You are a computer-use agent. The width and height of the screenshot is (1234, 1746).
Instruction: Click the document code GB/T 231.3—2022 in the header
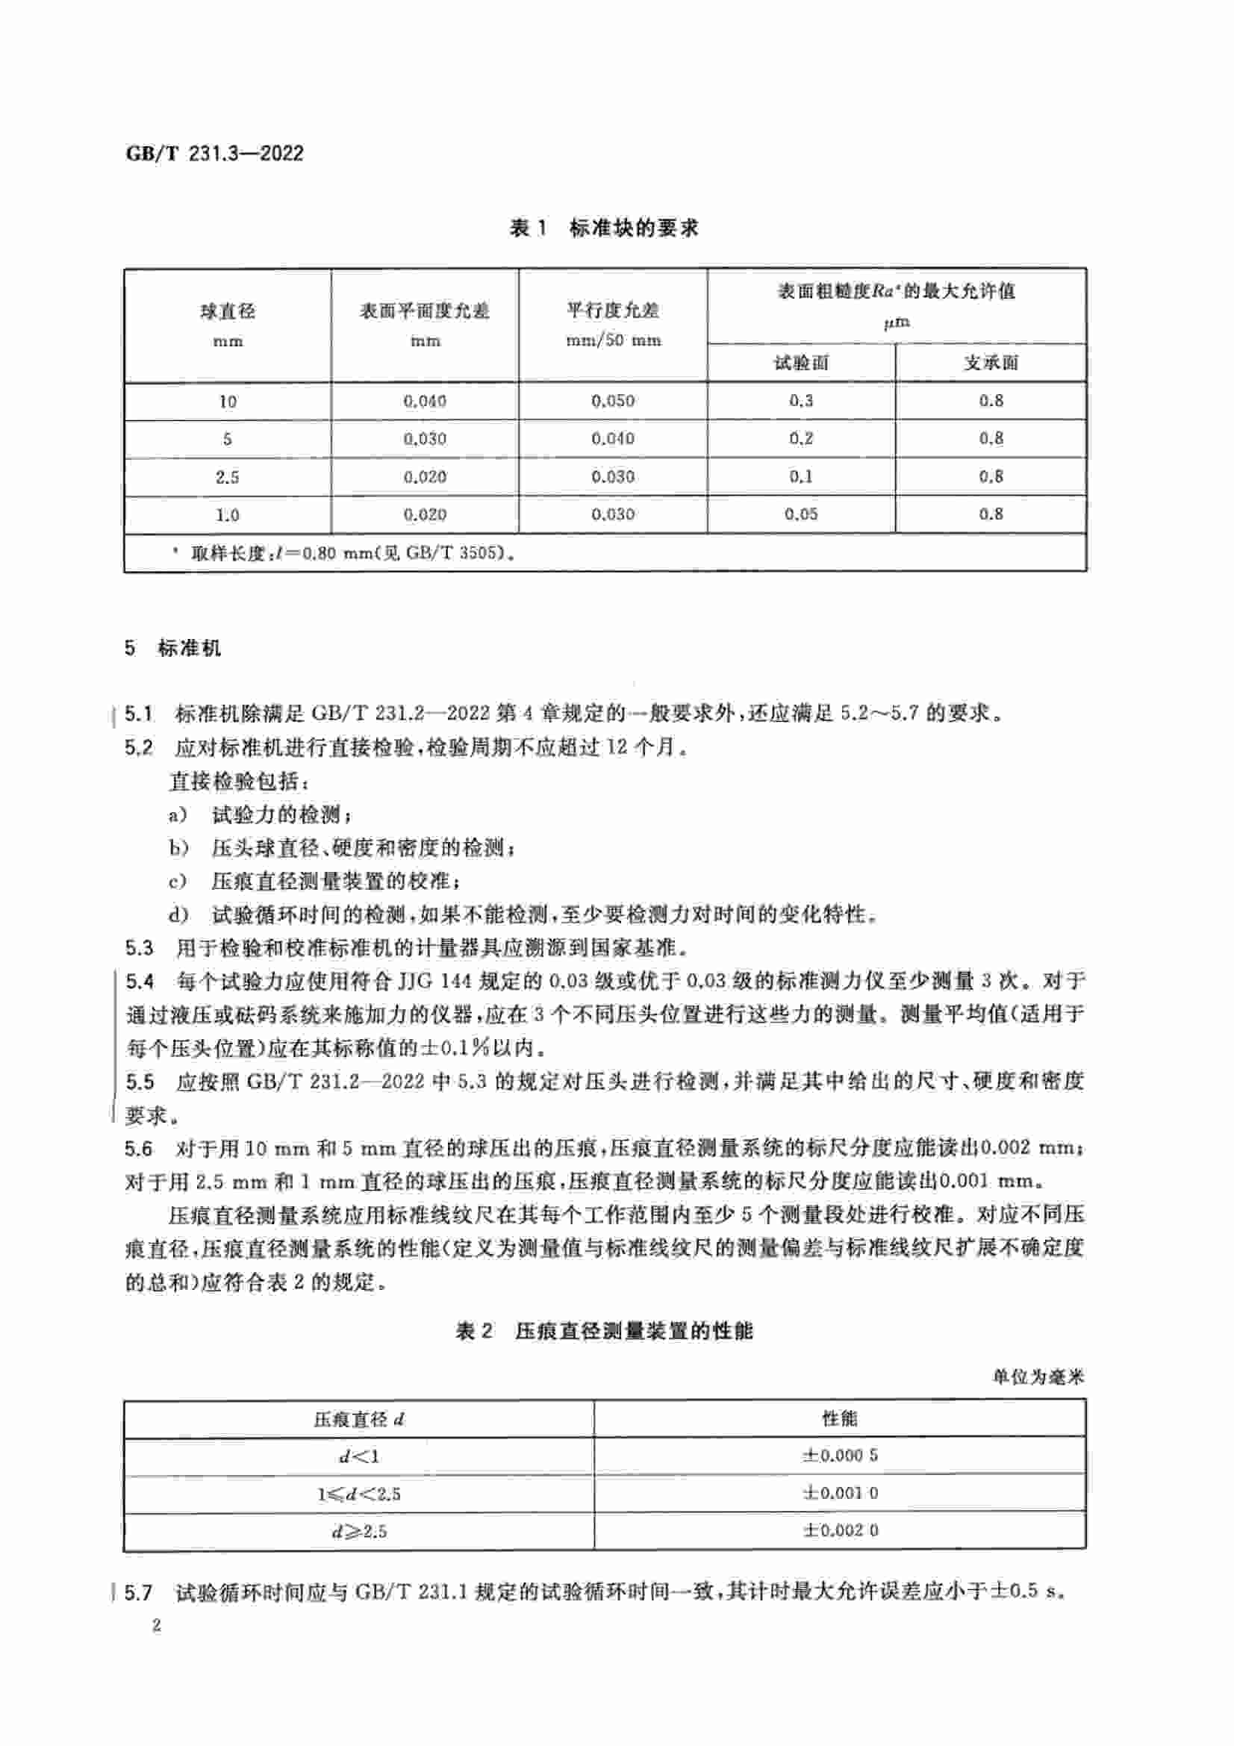click(x=214, y=154)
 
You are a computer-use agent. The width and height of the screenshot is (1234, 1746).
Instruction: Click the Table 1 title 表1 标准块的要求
click(x=605, y=228)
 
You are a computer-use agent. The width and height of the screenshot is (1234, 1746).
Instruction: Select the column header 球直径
click(x=228, y=311)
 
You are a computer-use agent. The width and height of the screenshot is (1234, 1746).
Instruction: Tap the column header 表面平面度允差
click(x=424, y=311)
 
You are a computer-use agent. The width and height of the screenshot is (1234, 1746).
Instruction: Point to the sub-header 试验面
click(x=800, y=363)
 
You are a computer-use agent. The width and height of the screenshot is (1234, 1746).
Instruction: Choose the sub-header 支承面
click(x=991, y=363)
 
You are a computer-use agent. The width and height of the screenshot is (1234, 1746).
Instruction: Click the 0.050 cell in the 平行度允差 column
click(x=613, y=401)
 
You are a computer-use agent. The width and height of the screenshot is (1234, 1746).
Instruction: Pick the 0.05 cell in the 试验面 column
click(x=800, y=514)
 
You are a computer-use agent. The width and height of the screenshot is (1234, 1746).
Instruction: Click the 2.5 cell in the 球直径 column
click(x=228, y=477)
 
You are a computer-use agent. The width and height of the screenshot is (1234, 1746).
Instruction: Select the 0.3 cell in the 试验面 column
click(x=800, y=401)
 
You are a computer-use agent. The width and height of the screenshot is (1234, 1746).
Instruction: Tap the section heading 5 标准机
click(x=173, y=648)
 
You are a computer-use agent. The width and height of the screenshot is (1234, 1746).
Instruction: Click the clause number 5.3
click(x=139, y=947)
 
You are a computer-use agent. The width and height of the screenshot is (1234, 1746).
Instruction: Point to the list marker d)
click(x=178, y=914)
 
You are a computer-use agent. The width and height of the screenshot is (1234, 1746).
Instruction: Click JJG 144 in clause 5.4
click(x=434, y=981)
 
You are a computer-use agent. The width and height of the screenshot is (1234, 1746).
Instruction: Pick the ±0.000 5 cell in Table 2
click(x=840, y=1456)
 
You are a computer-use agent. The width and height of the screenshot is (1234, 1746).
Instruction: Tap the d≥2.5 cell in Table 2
click(x=359, y=1531)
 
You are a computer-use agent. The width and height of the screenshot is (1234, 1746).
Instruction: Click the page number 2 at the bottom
click(x=157, y=1627)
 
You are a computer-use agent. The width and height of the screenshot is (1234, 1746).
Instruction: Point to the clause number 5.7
click(x=138, y=1591)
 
